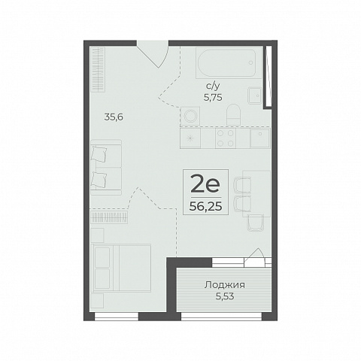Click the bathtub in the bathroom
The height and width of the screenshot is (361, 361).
[227, 63]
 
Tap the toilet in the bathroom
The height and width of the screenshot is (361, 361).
[233, 114]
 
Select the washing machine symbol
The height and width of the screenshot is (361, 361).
[190, 116]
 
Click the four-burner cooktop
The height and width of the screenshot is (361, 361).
[226, 138]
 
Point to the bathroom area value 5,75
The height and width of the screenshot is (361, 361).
[213, 97]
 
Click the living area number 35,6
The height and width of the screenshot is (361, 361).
[114, 117]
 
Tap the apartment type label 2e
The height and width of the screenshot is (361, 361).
[205, 184]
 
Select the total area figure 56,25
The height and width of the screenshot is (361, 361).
[205, 207]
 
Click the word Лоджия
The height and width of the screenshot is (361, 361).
[225, 285]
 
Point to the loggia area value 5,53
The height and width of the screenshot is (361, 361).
[225, 296]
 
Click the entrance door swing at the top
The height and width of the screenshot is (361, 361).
[153, 54]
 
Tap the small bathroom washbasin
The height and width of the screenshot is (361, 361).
[254, 96]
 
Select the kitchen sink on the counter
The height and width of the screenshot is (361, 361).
[260, 138]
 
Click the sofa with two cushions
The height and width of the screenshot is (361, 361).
[106, 168]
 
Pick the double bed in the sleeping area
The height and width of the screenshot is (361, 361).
[122, 268]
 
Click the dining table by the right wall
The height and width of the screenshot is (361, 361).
[256, 193]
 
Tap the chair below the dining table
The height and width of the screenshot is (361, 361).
[256, 223]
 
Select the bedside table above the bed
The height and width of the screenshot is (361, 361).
[97, 235]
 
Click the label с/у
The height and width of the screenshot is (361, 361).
[213, 86]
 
